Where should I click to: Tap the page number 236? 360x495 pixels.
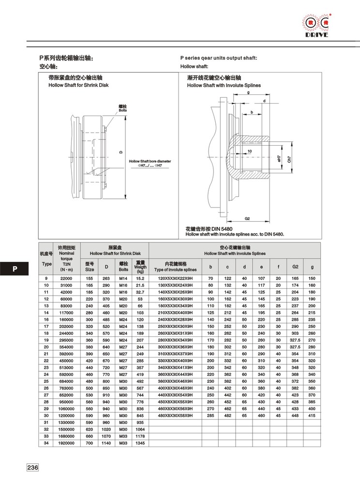[32, 468]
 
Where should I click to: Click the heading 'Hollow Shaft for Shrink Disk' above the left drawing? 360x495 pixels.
[78, 85]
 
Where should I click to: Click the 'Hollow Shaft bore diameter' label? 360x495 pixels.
[150, 162]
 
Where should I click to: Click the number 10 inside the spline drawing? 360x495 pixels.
[249, 151]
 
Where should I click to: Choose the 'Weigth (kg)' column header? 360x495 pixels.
[140, 267]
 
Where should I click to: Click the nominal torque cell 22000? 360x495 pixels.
[66, 279]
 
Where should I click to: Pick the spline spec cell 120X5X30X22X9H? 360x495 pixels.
[176, 279]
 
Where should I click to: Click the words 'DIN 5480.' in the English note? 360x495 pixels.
[273, 234]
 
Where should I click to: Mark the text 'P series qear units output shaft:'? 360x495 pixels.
[219, 58]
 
